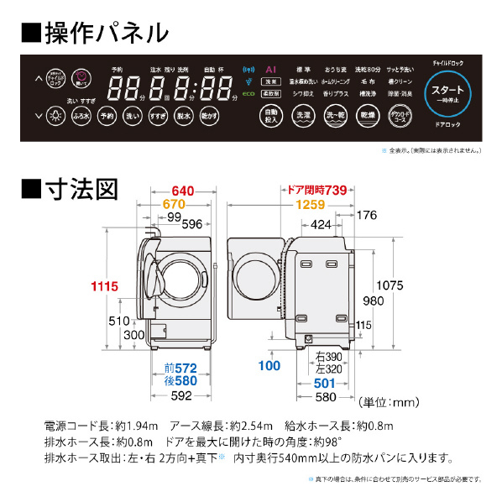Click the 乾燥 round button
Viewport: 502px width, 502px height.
point(367,116)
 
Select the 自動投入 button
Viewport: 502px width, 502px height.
point(270,116)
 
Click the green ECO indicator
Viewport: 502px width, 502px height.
point(248,96)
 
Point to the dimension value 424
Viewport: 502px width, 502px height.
point(320,224)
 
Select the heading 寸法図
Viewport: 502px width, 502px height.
point(71,189)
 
